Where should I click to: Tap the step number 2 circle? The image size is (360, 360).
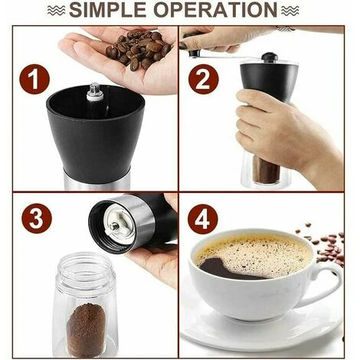tap(203, 79)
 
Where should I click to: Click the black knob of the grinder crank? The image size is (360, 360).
tap(269, 57)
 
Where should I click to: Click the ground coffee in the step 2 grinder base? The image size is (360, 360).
tap(267, 170)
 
